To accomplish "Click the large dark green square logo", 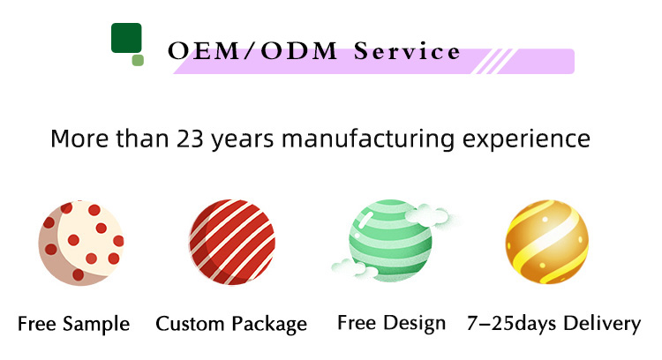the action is coord(126,38).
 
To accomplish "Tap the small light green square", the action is coord(138,60).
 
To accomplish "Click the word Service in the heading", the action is coord(407,51).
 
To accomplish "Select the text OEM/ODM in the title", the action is coord(252,51).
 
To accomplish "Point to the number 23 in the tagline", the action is coord(190,139).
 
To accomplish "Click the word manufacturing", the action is coord(368,139).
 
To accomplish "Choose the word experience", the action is coord(526,139).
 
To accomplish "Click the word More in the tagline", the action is coord(79,139).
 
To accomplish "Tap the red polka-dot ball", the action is coord(81,244).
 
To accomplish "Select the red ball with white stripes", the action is coord(232,242).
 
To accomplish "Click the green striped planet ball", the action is coord(390,241).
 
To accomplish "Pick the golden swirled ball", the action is coord(547,242).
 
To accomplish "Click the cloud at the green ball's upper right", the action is coord(427,214).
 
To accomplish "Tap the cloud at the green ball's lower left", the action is coord(354,268).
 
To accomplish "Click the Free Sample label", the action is coord(73,324).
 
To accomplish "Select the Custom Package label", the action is coord(231,324).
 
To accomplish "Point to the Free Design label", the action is coord(391,323).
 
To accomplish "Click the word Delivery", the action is coord(602,324).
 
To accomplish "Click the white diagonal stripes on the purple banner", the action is coord(493,61).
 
